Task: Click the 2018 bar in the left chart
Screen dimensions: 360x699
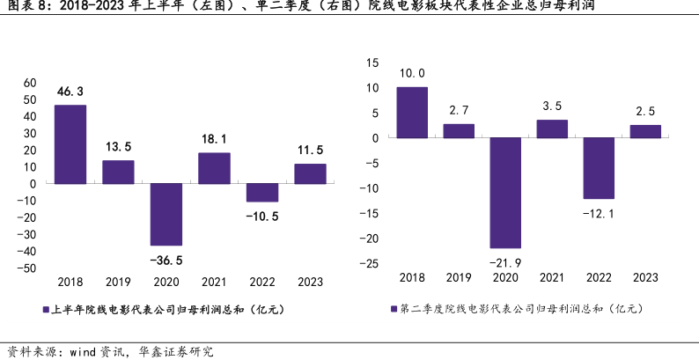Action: pos(70,144)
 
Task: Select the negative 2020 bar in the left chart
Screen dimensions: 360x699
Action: pos(166,214)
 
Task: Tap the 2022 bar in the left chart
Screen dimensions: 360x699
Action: pos(261,193)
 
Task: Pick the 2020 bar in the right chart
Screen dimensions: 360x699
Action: pos(505,193)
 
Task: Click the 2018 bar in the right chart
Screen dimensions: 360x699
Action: pos(411,113)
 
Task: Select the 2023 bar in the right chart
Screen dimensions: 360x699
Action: pos(645,131)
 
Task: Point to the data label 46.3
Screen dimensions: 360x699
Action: pos(70,92)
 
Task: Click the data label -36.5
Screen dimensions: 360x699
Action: pos(166,260)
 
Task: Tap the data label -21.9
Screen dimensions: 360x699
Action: pos(505,262)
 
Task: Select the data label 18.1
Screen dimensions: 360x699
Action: pos(214,139)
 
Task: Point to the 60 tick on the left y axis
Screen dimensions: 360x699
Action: pos(30,83)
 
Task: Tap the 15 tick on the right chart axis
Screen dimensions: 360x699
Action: pos(372,62)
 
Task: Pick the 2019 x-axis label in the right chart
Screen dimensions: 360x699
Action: pos(459,278)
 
